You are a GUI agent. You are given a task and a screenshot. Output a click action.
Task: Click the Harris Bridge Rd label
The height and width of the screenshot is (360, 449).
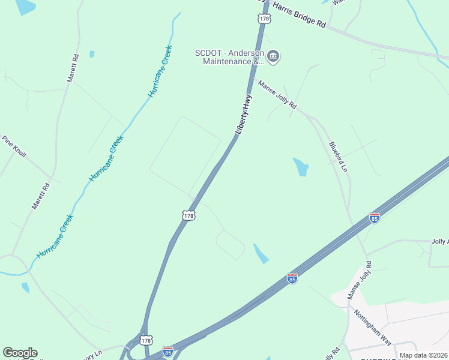(298, 15)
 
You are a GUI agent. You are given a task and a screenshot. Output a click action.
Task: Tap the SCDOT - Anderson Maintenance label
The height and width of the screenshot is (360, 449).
(230, 56)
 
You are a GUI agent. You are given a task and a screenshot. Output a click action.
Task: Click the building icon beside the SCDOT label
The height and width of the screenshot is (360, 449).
(273, 57)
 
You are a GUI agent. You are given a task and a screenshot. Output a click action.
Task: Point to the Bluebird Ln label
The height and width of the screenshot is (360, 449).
(338, 158)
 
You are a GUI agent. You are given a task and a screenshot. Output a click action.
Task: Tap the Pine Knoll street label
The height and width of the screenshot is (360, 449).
(14, 146)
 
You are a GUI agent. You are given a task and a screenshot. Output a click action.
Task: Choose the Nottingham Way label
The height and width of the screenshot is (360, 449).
(372, 327)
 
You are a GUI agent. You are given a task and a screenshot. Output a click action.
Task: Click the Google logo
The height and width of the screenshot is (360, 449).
(20, 353)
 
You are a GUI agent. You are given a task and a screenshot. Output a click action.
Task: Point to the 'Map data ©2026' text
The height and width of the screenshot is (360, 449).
(424, 355)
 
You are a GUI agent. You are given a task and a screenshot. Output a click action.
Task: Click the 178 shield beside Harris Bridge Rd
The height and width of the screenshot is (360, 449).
(264, 19)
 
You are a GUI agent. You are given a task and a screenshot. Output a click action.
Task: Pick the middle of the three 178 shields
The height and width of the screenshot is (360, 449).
(188, 215)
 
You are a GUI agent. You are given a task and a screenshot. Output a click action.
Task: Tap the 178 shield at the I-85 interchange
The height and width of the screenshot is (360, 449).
(146, 340)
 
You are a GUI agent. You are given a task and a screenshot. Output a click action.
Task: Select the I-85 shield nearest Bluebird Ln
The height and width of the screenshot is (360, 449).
(375, 218)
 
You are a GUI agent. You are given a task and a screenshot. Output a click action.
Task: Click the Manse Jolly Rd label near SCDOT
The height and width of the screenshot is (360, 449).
(277, 95)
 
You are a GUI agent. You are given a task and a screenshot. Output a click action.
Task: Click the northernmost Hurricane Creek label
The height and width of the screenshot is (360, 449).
(160, 71)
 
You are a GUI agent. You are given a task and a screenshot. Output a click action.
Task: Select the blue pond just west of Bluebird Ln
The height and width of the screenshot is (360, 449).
(301, 167)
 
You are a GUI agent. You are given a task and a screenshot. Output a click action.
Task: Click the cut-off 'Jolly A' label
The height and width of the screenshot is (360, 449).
(439, 241)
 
